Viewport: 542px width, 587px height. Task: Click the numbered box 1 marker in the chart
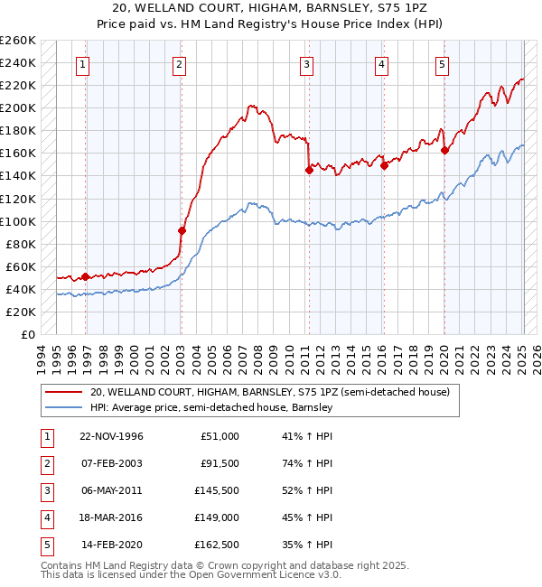coord(82,64)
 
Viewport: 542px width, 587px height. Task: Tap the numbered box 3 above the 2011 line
coord(307,64)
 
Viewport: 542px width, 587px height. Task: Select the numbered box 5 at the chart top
coord(442,64)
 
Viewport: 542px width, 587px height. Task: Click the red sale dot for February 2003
coord(182,230)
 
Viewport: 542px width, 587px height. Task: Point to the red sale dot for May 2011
coord(309,169)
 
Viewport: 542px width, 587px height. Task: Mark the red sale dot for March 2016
coord(384,165)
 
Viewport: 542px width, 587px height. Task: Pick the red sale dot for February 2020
coord(444,150)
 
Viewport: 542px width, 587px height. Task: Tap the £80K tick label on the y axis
coord(21,244)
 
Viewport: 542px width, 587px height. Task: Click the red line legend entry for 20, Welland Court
coord(276,392)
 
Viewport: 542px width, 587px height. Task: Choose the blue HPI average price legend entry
coord(212,408)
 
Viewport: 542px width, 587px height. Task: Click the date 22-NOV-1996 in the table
coord(111,436)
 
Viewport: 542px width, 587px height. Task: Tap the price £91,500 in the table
coord(220,463)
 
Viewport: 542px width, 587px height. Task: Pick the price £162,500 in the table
coord(217,545)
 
